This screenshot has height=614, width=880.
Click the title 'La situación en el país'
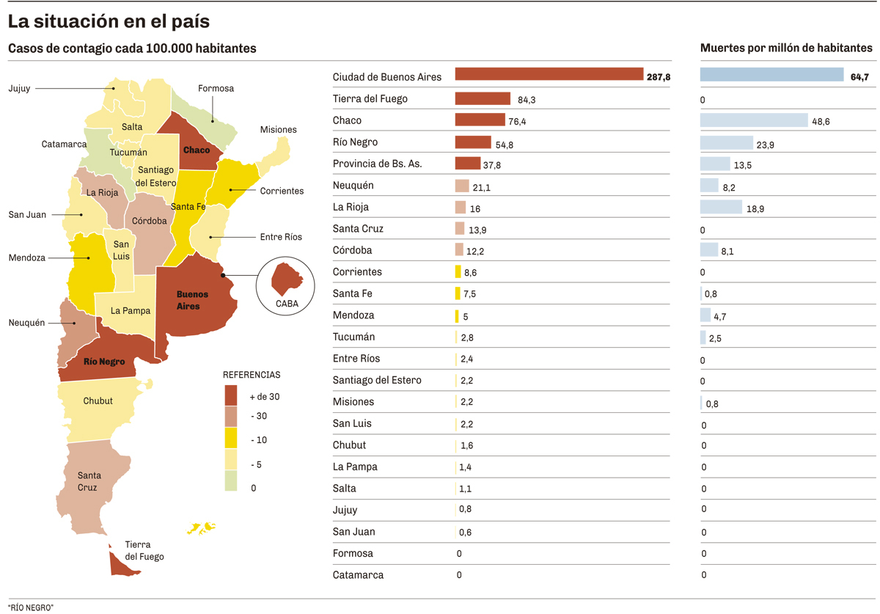109,22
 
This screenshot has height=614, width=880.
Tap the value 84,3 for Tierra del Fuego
527,100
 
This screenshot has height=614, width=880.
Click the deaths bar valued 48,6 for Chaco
754,121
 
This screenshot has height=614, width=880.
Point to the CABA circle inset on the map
286,286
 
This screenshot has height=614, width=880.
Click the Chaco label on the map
197,150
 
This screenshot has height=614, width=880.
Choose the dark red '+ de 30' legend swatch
231,395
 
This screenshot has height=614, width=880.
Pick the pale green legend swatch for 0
231,480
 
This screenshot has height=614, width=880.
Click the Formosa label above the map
216,89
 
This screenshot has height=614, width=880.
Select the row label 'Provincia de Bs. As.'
377,164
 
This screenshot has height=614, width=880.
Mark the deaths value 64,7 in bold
859,77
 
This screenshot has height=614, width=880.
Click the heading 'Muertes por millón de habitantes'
786,48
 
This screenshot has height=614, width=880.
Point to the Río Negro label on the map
103,362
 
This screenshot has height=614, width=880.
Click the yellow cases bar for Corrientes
458,272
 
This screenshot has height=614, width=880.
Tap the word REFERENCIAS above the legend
252,375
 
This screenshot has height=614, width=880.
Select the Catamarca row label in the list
358,575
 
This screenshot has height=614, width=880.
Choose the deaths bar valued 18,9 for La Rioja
721,208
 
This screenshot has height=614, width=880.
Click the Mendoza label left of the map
27,258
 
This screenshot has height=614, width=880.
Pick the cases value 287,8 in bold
659,77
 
